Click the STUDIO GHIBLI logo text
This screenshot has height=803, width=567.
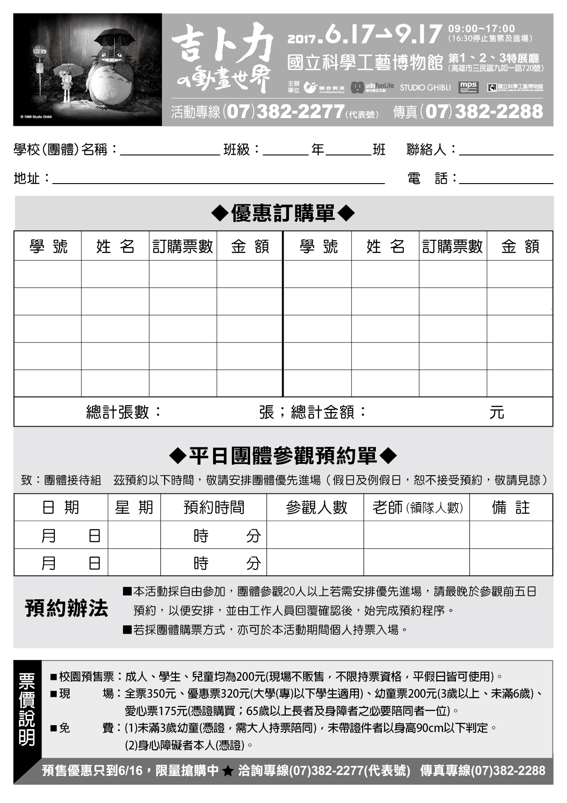coord(425,87)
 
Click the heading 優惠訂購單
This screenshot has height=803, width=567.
coord(283,213)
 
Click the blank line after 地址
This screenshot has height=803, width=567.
coord(219,180)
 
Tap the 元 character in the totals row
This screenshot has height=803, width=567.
coord(497,412)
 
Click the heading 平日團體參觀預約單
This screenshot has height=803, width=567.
coord(283,456)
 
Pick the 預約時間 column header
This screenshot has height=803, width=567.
coord(214,507)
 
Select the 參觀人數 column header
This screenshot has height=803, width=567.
coord(316,507)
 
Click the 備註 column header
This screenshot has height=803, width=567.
coord(511,507)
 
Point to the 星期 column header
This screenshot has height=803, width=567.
coord(134,507)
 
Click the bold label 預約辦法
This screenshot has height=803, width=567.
coord(67,608)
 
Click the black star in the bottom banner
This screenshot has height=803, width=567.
coord(227,771)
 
